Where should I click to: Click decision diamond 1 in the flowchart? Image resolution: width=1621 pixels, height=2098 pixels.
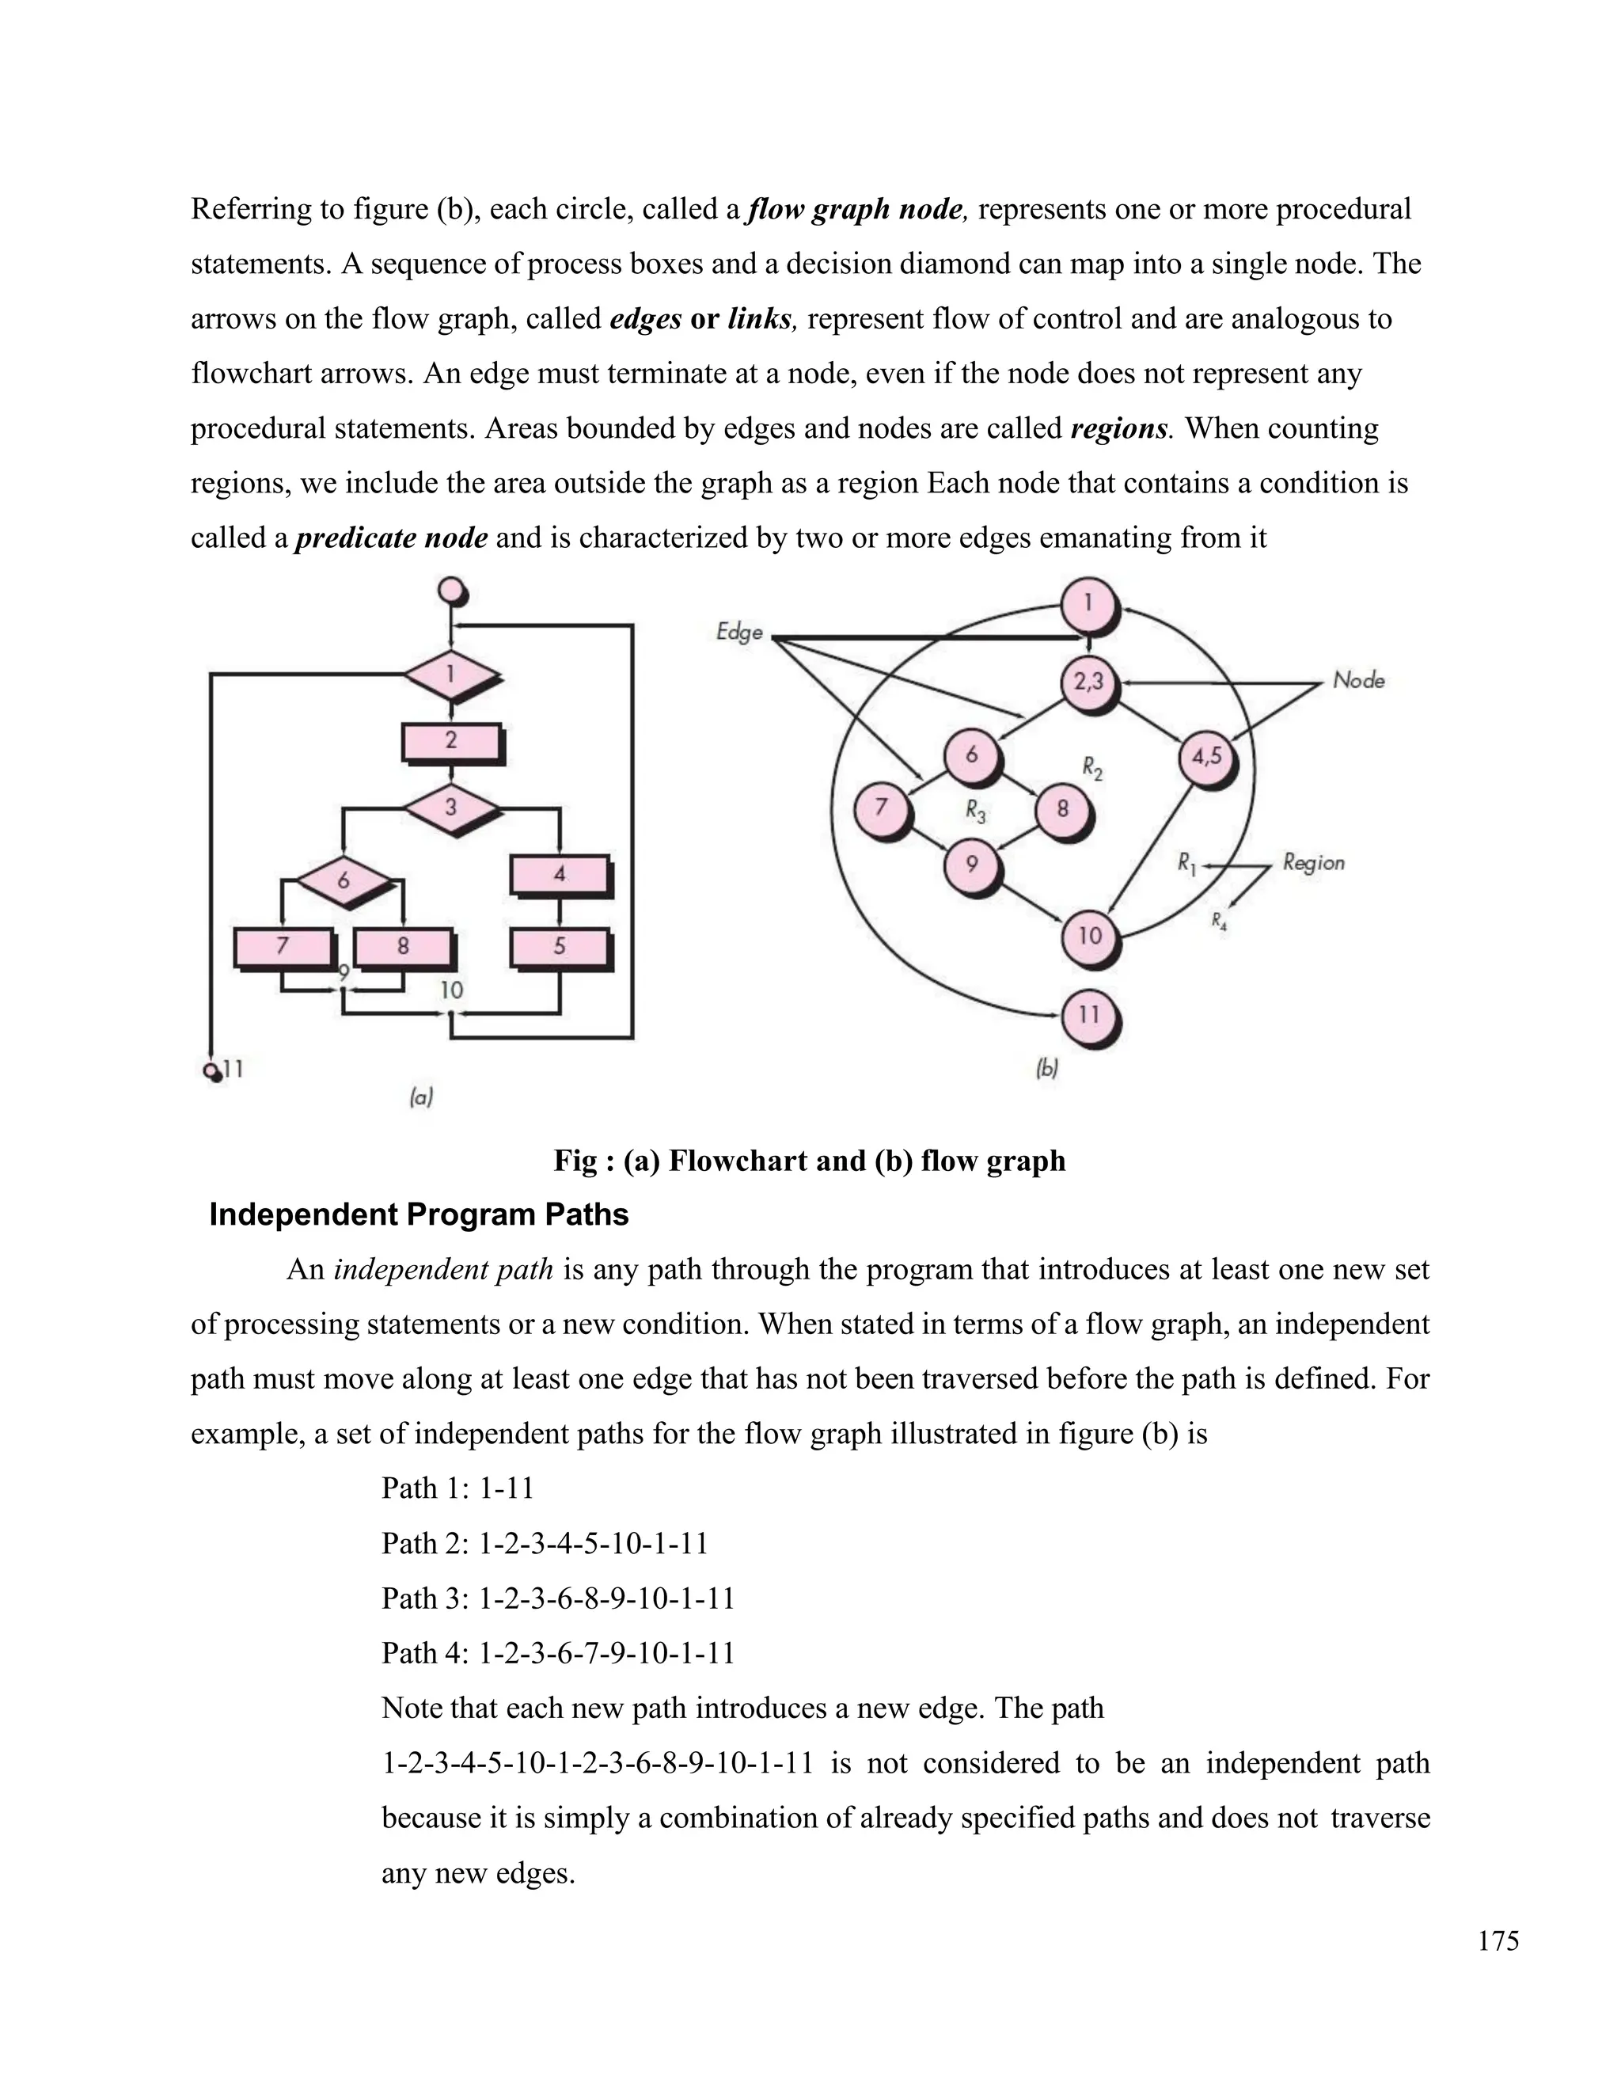coord(450,675)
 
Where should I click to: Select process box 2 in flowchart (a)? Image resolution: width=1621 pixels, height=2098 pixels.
coord(451,742)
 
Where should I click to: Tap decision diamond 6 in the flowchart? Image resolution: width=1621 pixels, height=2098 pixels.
coord(343,880)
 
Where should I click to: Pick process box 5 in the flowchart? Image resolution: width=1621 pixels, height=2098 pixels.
coord(560,947)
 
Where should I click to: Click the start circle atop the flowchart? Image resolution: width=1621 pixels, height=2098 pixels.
coord(450,590)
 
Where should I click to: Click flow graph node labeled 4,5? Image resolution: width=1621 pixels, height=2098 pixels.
coord(1206,757)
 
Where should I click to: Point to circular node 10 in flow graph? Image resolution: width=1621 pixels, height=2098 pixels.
coord(1089,936)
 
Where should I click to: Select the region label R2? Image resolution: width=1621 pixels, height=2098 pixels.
coord(1091,766)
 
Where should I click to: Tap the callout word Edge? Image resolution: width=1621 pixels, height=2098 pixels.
coord(739,631)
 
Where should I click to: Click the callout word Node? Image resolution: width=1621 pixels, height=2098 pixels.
coord(1359,680)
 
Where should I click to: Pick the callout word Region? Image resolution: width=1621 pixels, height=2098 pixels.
coord(1314,863)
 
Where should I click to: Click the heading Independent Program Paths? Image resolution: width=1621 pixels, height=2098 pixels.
coord(419,1214)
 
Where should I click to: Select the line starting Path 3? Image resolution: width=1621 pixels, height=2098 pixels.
coord(558,1598)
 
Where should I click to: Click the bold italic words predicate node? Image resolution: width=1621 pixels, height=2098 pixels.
coord(392,537)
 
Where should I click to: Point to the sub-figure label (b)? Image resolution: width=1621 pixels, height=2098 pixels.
coord(1046,1067)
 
